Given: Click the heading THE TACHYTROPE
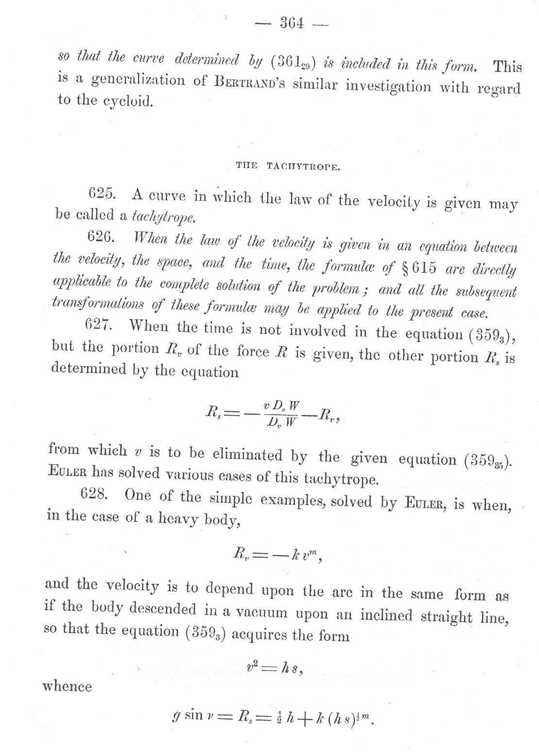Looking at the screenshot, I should pos(288,166).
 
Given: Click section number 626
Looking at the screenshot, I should pos(101,237).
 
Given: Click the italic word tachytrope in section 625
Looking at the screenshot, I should pos(164,217).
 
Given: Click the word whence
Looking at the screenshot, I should pos(67,686).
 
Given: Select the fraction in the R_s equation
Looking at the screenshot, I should pos(282,413).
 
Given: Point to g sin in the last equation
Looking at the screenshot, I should pos(187,714).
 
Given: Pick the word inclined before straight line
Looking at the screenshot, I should pos(387,615).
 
